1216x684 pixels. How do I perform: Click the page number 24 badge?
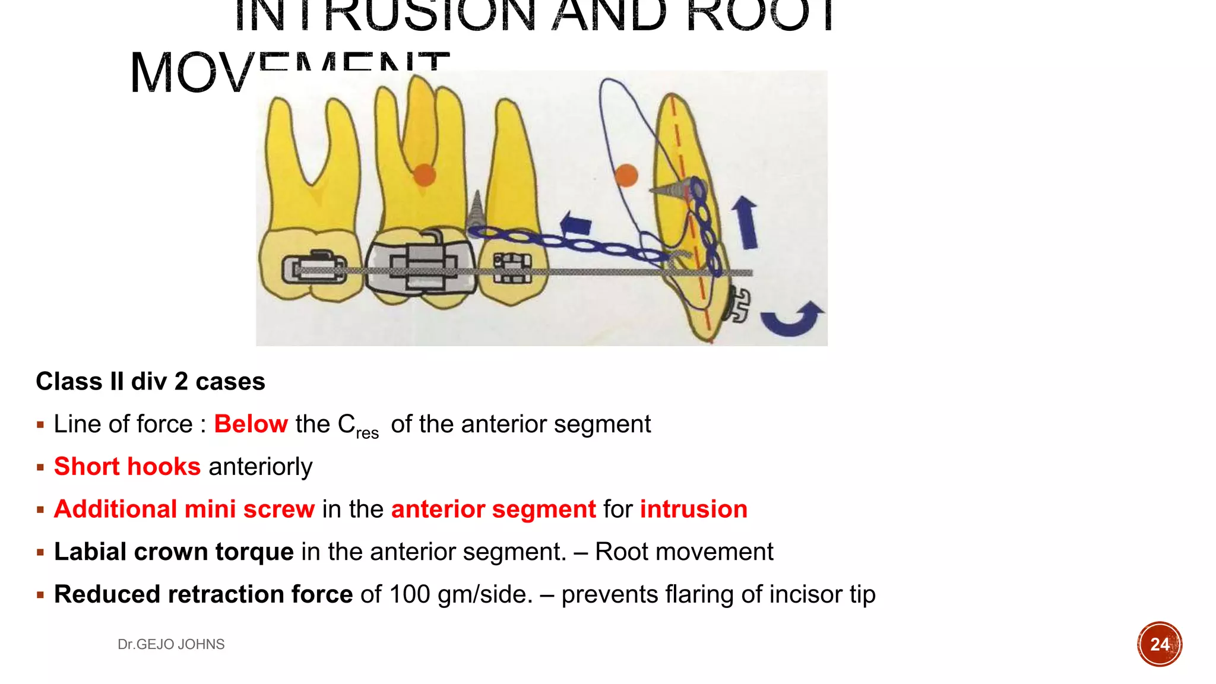[x=1159, y=644]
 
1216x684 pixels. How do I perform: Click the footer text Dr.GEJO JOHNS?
[x=171, y=644]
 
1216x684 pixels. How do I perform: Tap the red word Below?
[x=251, y=424]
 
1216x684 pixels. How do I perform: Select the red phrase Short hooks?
[x=127, y=467]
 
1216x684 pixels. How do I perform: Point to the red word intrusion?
[x=693, y=509]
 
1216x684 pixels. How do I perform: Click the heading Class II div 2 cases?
[x=150, y=381]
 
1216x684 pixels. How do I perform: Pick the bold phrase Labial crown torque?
[x=173, y=552]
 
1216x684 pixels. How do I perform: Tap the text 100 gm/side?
[x=461, y=594]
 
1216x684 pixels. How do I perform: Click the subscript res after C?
[x=368, y=433]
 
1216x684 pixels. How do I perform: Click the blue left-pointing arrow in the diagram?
[x=575, y=225]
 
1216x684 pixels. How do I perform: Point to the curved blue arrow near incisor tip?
[x=792, y=319]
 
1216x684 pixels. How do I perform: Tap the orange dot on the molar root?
[x=424, y=175]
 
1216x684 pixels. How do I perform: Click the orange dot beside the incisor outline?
[x=626, y=175]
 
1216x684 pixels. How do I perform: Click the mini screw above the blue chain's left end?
[x=476, y=211]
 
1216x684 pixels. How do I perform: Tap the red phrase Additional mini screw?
[x=184, y=509]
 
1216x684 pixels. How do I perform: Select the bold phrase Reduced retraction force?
[x=203, y=594]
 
